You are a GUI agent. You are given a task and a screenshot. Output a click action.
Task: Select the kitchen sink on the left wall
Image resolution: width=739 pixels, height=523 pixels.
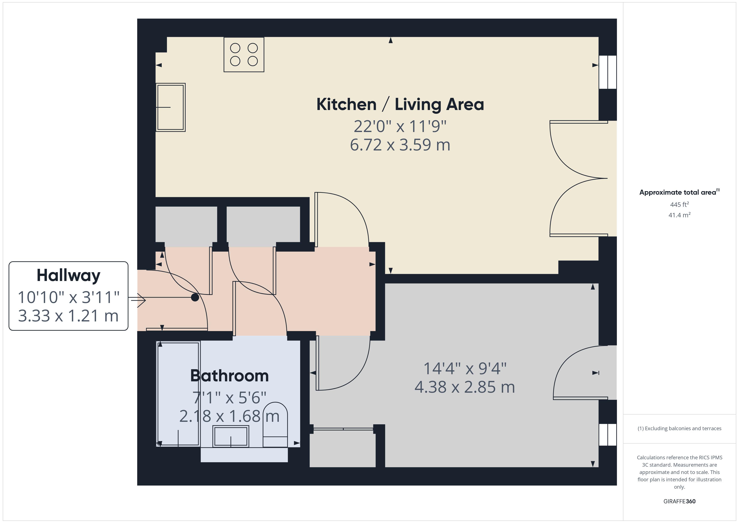(x=170, y=107)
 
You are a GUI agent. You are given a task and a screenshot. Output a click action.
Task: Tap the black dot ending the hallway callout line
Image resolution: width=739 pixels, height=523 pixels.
(x=195, y=297)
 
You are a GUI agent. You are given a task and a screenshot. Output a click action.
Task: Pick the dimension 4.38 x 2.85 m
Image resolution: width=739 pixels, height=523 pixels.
(x=464, y=387)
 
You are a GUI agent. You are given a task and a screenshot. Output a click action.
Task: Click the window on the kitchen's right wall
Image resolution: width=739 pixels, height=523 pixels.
(x=607, y=72)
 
